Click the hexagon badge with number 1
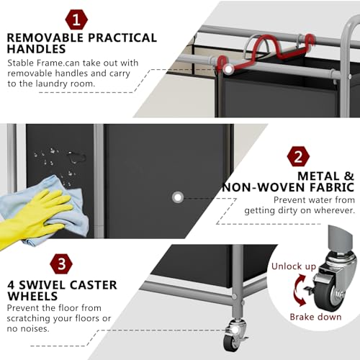tap(76, 19)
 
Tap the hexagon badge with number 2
tap(298, 156)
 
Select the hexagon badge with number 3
tap(61, 264)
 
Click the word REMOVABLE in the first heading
tap(45, 38)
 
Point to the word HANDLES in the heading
tap(36, 49)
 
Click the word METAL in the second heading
tap(319, 176)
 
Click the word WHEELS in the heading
tap(32, 296)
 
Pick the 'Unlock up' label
tap(294, 266)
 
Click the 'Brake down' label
tap(315, 317)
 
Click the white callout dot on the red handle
tap(228, 69)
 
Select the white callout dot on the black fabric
tap(178, 197)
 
